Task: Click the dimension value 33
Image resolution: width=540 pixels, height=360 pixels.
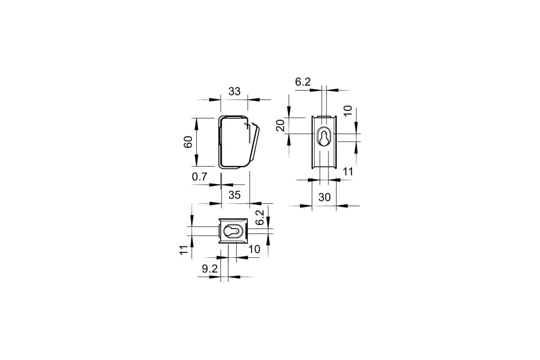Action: [x=234, y=92]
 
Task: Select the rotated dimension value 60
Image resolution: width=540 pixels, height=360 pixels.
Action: [x=188, y=142]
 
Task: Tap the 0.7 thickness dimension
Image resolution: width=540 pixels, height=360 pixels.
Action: [x=199, y=177]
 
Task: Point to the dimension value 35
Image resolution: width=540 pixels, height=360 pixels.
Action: [x=234, y=195]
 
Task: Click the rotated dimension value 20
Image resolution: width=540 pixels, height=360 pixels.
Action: [x=280, y=126]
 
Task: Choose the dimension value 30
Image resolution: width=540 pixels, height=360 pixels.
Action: [x=324, y=198]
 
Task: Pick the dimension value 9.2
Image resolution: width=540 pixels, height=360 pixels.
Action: [x=210, y=269]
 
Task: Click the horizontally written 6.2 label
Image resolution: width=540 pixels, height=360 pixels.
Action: [x=303, y=82]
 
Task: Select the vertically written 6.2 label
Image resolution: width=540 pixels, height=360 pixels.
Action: [x=260, y=217]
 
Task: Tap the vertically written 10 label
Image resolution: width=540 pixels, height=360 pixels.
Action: [x=347, y=111]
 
